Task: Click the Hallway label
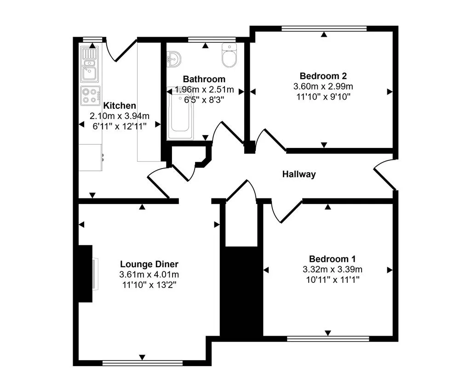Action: click(x=299, y=175)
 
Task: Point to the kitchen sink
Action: click(x=88, y=64)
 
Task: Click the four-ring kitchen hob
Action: click(x=90, y=96)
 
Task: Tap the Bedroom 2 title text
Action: click(x=323, y=76)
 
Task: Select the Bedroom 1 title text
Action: click(x=332, y=259)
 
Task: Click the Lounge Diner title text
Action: click(x=149, y=265)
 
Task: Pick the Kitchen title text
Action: click(x=120, y=106)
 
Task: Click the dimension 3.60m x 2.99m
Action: click(x=323, y=86)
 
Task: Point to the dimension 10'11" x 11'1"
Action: click(x=332, y=279)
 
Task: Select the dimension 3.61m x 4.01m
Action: click(x=149, y=275)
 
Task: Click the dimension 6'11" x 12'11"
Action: click(x=120, y=126)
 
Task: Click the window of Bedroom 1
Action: click(x=328, y=339)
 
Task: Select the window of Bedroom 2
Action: click(x=324, y=28)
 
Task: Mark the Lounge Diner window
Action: click(x=143, y=363)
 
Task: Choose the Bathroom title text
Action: click(x=204, y=79)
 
